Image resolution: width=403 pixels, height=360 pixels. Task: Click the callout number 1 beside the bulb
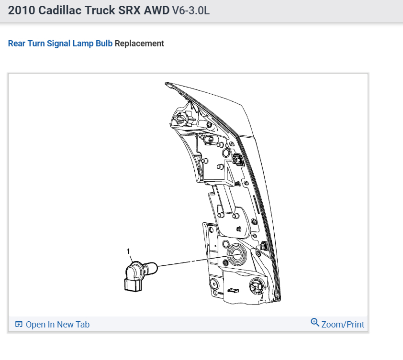(128, 251)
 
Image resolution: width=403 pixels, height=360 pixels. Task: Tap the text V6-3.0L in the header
(190, 11)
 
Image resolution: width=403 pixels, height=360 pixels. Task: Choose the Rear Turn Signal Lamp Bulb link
(60, 44)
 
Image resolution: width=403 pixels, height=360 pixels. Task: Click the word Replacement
(139, 44)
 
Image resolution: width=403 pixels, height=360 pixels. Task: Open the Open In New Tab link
(57, 325)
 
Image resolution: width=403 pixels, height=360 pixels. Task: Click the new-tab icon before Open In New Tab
(19, 325)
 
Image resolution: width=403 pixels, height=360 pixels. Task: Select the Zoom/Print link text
(343, 325)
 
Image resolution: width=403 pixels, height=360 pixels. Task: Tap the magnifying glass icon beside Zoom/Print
(315, 322)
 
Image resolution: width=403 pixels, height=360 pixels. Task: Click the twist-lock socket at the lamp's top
(181, 118)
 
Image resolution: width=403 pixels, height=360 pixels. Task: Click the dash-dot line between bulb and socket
(191, 261)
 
